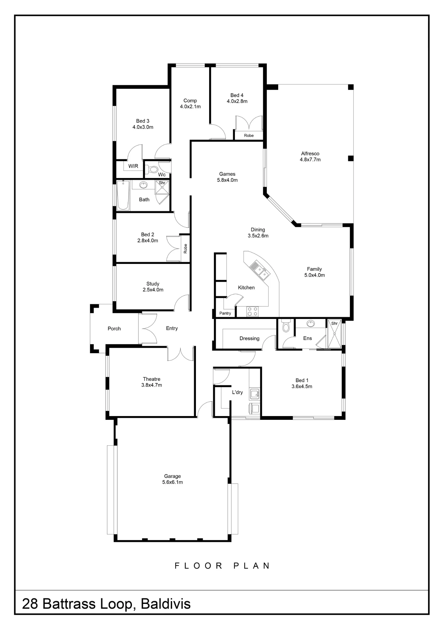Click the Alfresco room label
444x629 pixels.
(x=310, y=153)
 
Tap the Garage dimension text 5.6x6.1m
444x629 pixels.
(x=172, y=482)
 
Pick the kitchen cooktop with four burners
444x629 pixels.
(x=252, y=311)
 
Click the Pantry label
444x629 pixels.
(x=225, y=313)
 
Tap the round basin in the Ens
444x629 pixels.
(x=311, y=324)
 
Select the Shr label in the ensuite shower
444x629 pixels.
(x=334, y=323)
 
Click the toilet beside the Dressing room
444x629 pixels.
(x=286, y=326)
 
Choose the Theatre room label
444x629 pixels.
(x=152, y=379)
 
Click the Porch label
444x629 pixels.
(x=114, y=328)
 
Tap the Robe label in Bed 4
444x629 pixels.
(x=249, y=136)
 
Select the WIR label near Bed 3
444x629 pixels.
(x=133, y=166)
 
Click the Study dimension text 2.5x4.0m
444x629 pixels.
(x=153, y=290)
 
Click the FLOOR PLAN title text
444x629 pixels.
(x=222, y=566)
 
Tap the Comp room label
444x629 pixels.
(x=190, y=100)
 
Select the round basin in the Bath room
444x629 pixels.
(x=143, y=185)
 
